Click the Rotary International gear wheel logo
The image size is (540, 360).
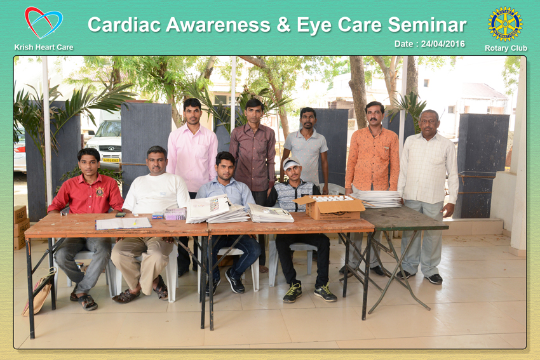point(505,23)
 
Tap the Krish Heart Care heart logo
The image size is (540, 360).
point(43,23)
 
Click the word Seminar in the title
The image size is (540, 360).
point(427,25)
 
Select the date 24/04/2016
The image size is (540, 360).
point(443,44)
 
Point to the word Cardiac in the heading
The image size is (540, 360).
point(125,25)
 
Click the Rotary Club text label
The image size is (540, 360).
point(506,48)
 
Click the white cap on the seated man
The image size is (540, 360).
point(292,163)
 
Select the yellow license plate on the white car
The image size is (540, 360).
point(111,160)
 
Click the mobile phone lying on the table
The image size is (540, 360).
point(120,215)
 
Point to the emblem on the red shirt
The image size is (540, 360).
point(100,192)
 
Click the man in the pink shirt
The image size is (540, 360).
point(192,152)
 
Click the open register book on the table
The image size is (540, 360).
point(123,223)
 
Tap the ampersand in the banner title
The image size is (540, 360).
point(283,25)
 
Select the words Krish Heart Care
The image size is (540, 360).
point(44,48)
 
